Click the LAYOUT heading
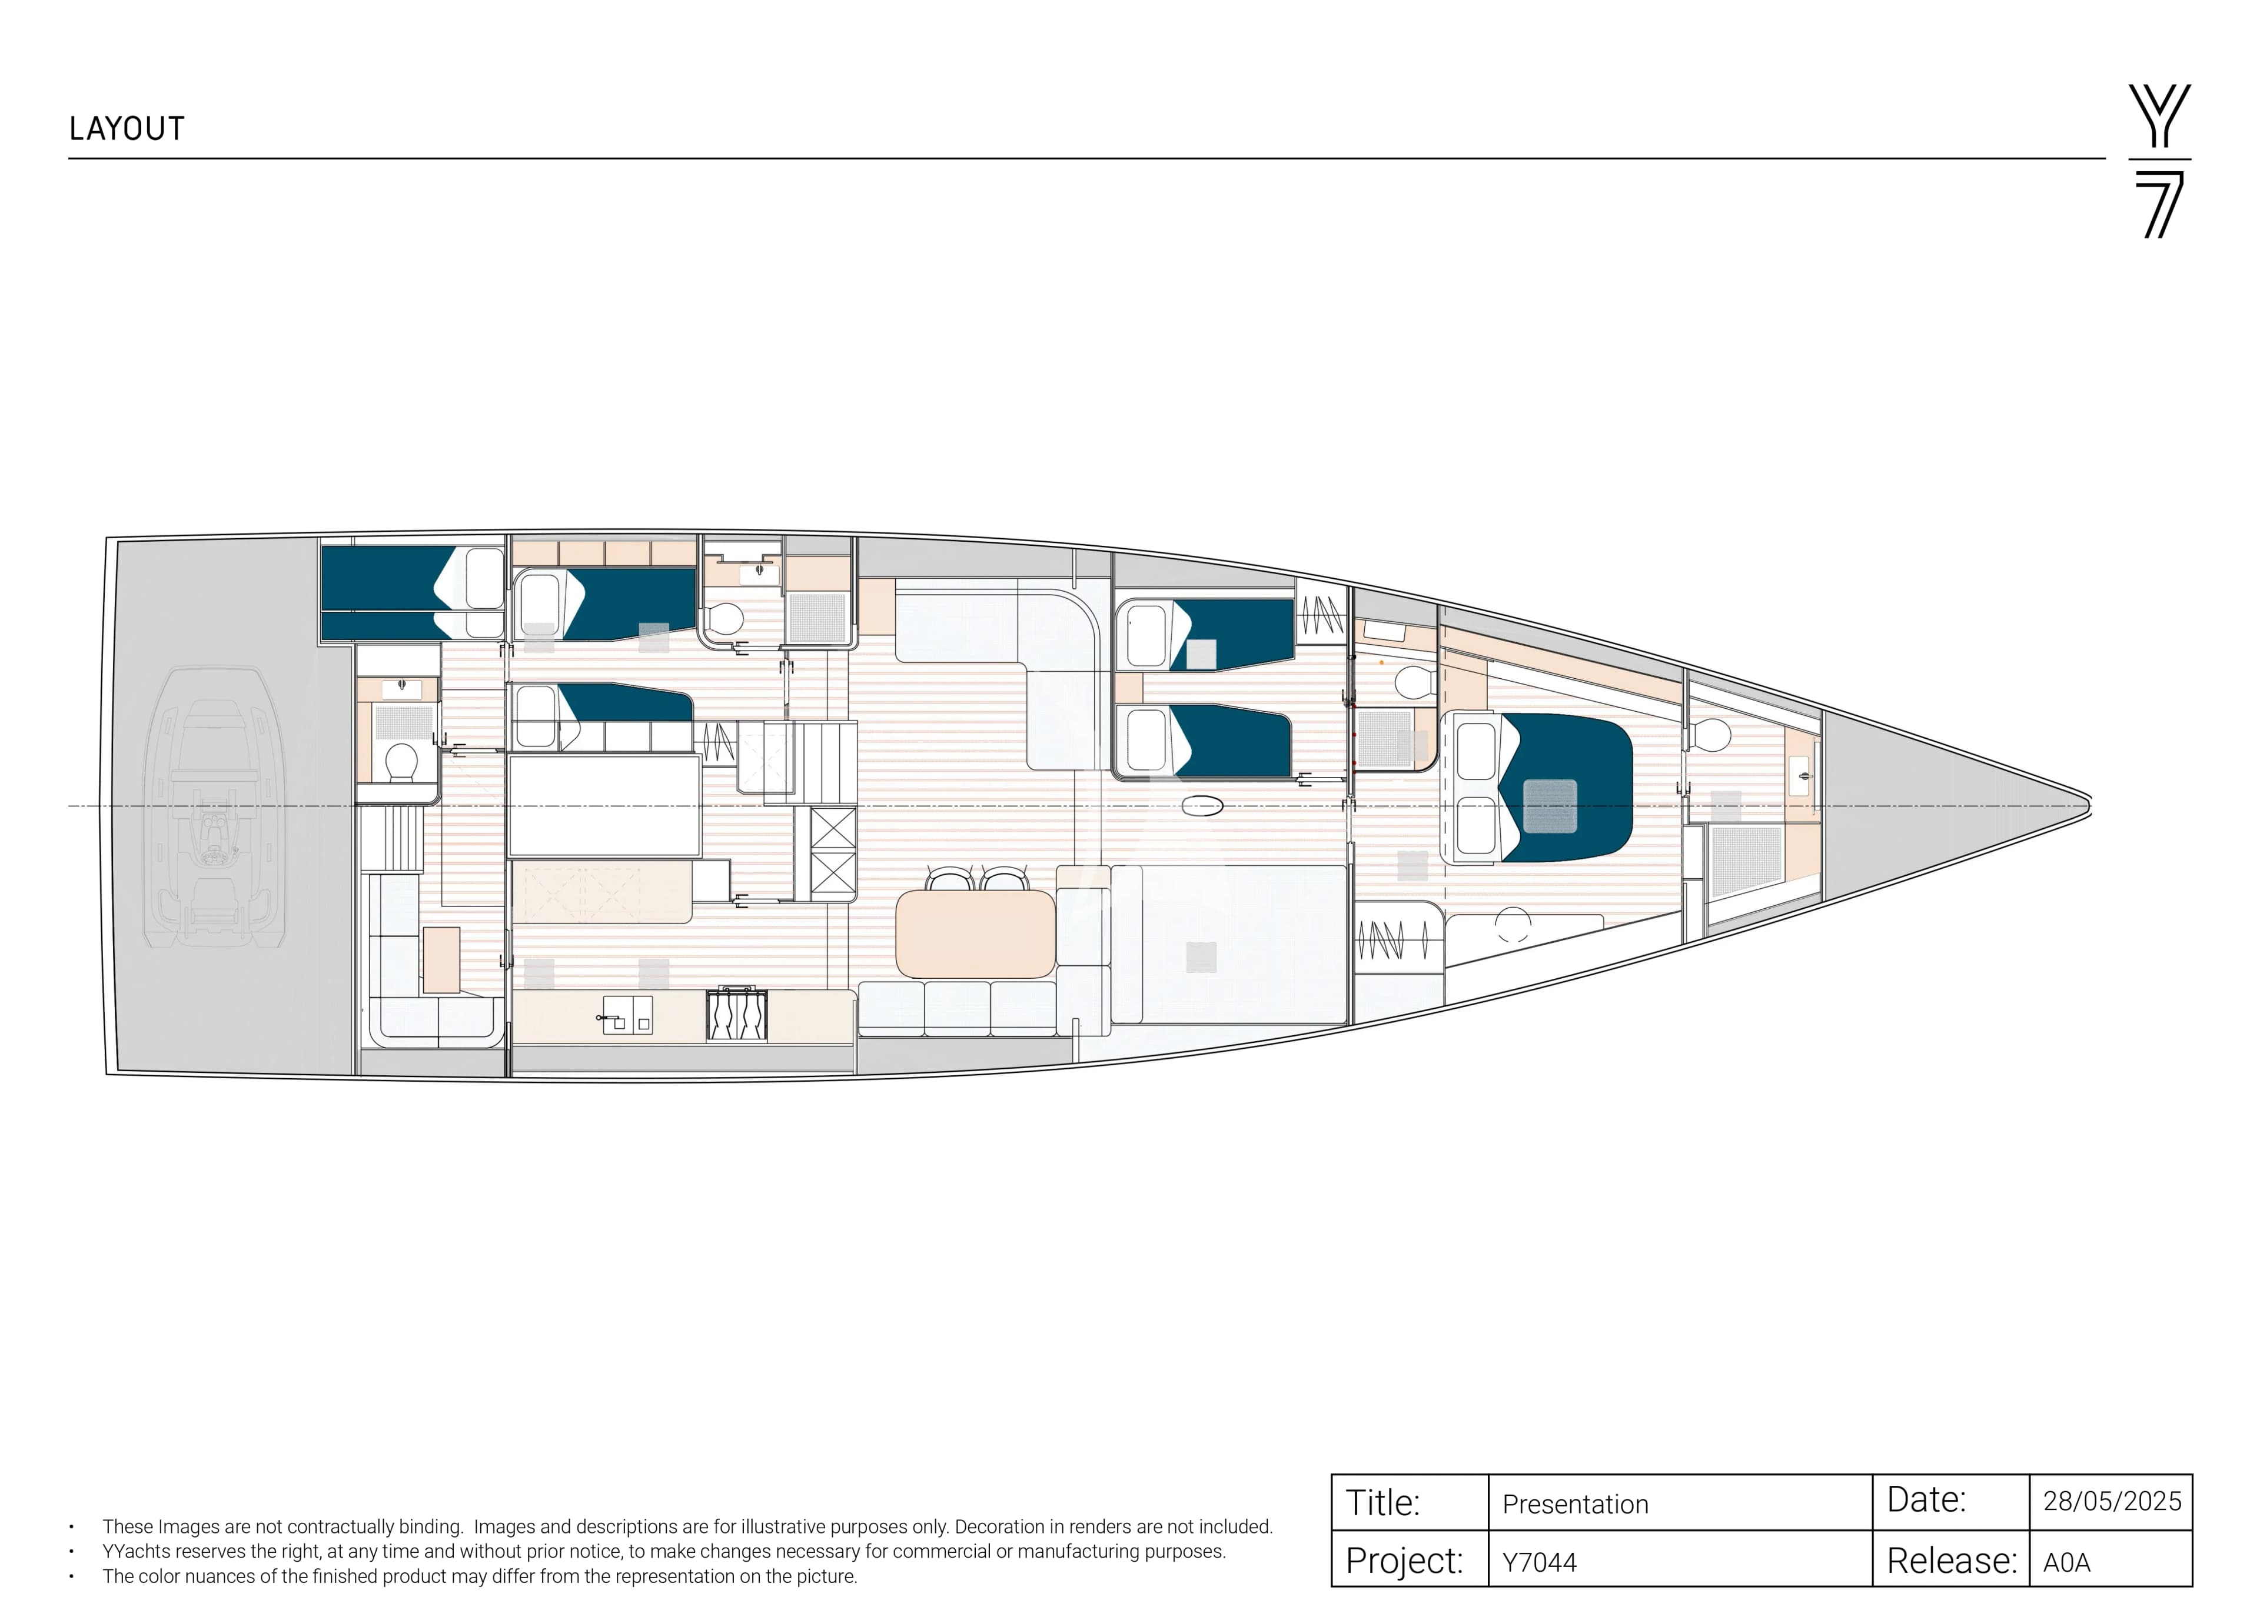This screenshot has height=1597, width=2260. coord(127,129)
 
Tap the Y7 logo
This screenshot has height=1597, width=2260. coord(2159,161)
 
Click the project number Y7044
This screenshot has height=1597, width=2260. coord(1540,1562)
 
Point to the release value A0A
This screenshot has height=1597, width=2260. coord(2067,1562)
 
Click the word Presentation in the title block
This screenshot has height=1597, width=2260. coord(1575,1505)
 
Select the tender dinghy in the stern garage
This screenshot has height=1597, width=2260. coord(215,807)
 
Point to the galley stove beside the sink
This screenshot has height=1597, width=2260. coord(736,1015)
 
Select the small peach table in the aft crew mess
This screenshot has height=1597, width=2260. coord(441,959)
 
